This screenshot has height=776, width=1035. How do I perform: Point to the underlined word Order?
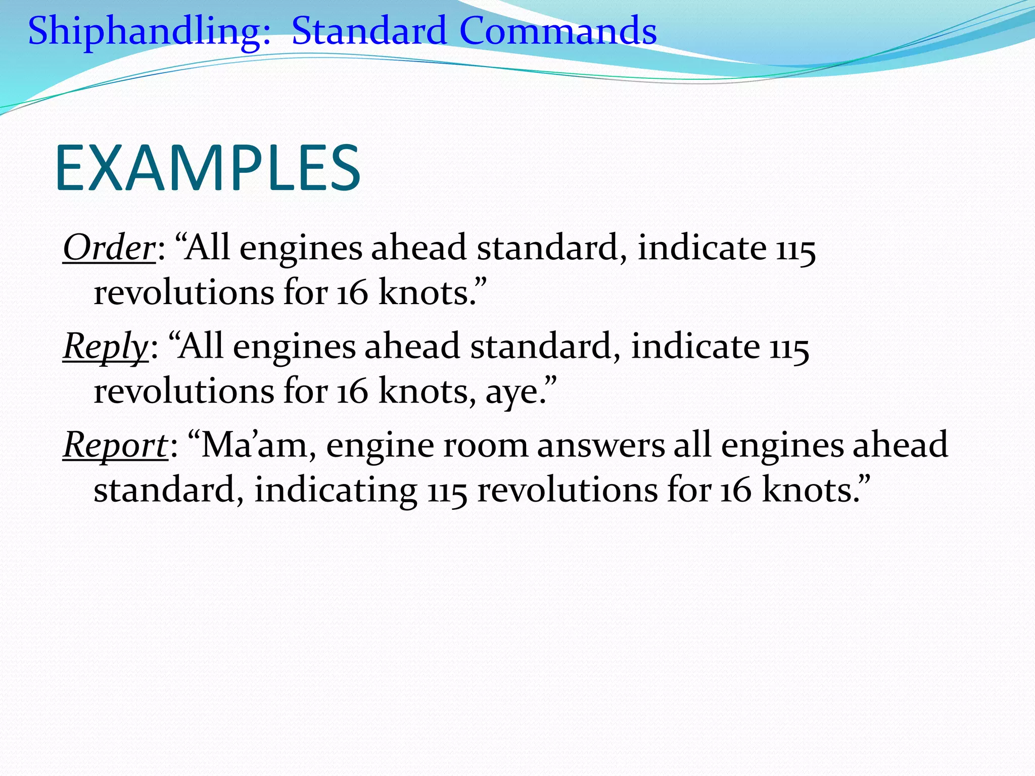(109, 248)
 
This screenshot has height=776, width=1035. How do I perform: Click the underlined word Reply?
(105, 347)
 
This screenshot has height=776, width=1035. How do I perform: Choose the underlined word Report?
(115, 445)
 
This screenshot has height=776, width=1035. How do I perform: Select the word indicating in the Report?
(336, 490)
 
